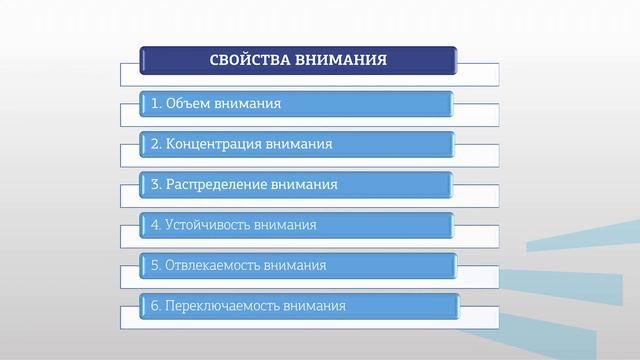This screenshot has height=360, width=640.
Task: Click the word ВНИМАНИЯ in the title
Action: (340, 59)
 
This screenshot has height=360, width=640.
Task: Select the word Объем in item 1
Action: (189, 103)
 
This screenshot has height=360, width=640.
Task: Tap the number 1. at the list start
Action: (156, 103)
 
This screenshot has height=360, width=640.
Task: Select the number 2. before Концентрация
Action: (156, 144)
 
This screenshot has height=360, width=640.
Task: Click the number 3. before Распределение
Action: (156, 185)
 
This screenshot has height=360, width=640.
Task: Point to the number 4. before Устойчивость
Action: (156, 225)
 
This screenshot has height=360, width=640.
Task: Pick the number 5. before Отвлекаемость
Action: (156, 266)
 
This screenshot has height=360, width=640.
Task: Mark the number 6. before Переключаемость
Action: (156, 306)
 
